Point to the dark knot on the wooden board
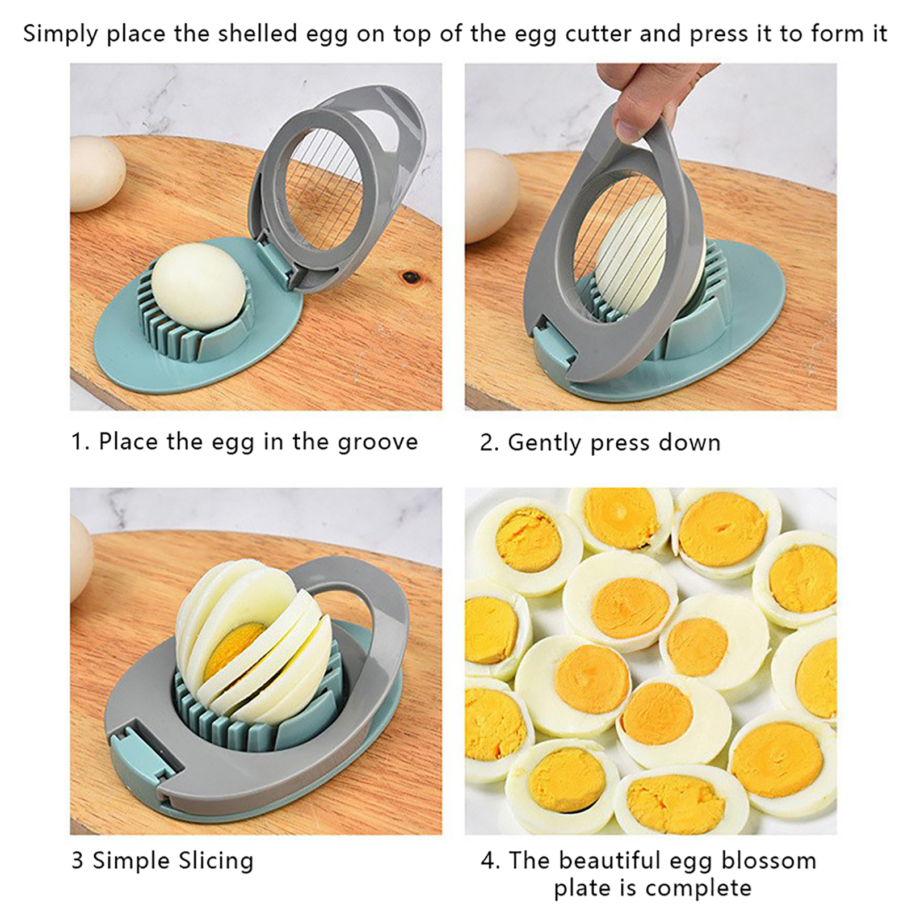pyautogui.click(x=410, y=278)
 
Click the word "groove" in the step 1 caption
pyautogui.click(x=377, y=442)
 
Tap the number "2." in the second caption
pyautogui.click(x=489, y=443)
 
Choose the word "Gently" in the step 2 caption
pyautogui.click(x=545, y=443)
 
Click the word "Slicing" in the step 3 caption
pyautogui.click(x=216, y=861)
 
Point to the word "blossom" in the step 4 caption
pyautogui.click(x=769, y=860)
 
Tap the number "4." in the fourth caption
pyautogui.click(x=490, y=861)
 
